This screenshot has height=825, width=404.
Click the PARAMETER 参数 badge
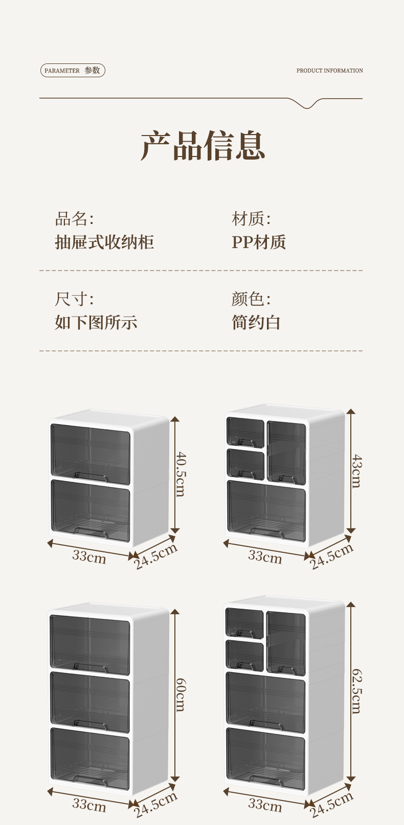tap(73, 71)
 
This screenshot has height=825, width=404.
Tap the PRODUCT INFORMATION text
tap(329, 71)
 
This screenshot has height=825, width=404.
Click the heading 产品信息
tap(203, 146)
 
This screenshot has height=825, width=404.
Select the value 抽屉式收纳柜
tap(104, 242)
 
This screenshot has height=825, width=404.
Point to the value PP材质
tap(259, 242)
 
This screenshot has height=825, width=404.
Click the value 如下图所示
tap(96, 322)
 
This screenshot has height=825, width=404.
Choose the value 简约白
tap(256, 322)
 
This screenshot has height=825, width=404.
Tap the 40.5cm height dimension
tap(181, 473)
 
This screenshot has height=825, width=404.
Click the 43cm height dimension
tap(356, 471)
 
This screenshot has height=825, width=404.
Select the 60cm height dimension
tap(181, 695)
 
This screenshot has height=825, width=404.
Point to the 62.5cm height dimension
tap(356, 690)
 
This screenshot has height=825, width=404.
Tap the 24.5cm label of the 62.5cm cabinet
tap(332, 804)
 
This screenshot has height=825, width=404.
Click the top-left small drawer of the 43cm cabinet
tap(245, 432)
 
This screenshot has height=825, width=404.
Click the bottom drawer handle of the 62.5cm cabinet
tap(265, 780)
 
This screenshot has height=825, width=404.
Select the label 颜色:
tap(251, 299)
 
